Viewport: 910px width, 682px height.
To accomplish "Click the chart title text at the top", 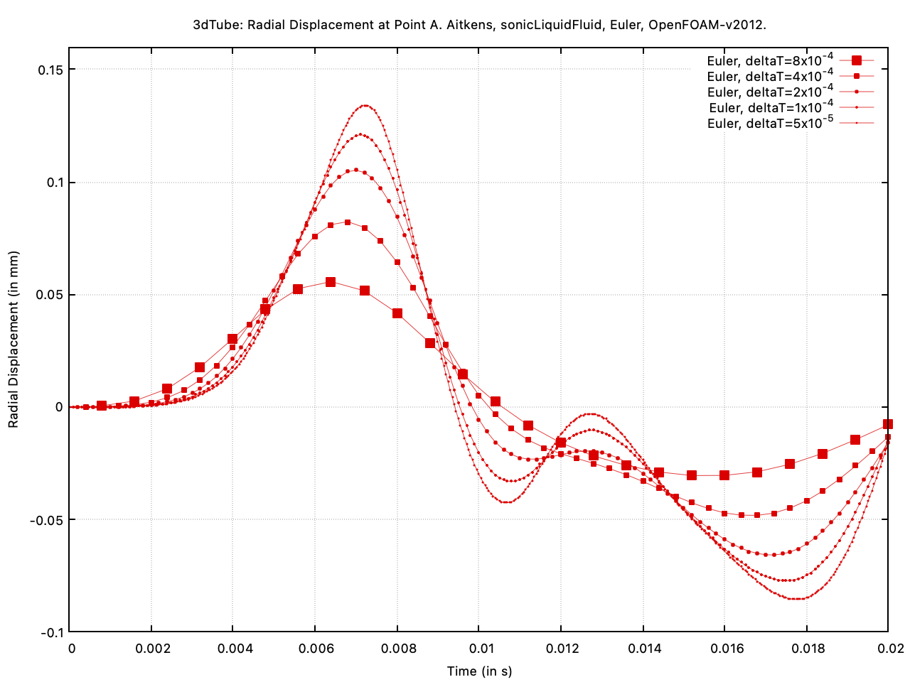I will click(479, 25).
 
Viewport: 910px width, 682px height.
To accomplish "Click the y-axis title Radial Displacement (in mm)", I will click(14, 340).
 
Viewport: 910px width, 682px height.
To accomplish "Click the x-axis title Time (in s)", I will click(479, 671).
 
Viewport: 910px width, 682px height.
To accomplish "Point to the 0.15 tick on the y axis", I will click(50, 70).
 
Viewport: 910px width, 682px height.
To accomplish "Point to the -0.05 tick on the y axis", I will click(47, 520).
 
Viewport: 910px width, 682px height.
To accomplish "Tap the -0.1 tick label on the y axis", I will click(51, 632).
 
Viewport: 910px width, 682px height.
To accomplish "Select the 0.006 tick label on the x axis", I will click(316, 649).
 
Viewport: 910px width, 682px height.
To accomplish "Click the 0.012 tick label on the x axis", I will click(561, 649).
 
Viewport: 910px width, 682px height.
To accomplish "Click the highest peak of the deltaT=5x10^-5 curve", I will click(365, 105).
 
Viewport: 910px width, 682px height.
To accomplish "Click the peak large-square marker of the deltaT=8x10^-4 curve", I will click(331, 282).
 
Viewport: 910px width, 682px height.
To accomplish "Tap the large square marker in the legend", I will click(857, 61).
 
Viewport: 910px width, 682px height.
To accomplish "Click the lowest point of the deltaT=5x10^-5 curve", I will click(796, 599).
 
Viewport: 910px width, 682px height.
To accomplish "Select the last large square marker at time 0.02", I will click(888, 424).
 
